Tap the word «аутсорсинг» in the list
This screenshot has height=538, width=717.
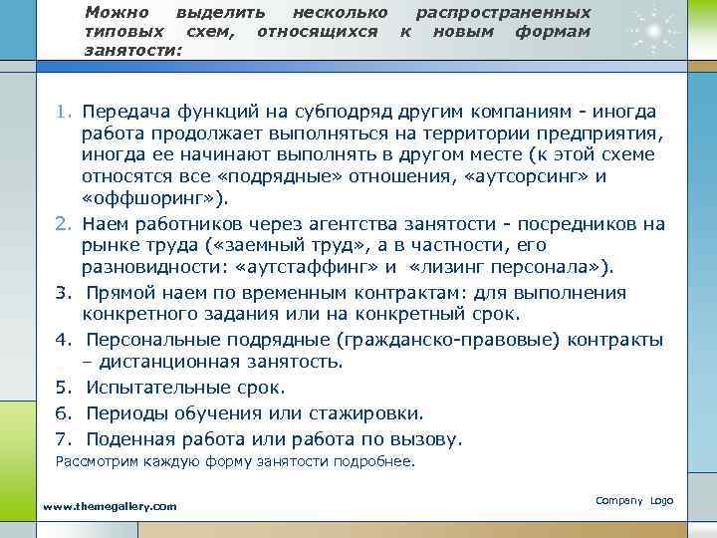click(x=519, y=177)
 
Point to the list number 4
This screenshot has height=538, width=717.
click(x=62, y=339)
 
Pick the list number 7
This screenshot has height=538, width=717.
click(x=62, y=438)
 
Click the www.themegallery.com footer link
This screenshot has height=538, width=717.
click(x=111, y=506)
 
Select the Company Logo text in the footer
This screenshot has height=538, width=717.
click(x=633, y=499)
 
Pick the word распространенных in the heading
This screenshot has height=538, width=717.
click(x=503, y=13)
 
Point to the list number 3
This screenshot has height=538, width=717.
click(x=62, y=292)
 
